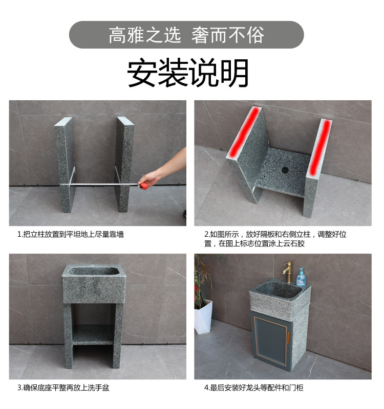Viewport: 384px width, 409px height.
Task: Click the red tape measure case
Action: (144, 186)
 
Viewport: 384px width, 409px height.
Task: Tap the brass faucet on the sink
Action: (288, 272)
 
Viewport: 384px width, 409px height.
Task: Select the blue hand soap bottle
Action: (301, 278)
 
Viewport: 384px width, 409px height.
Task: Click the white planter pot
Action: (203, 316)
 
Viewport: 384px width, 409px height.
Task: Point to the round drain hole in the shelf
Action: (285, 170)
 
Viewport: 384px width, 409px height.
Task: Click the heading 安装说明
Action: (188, 72)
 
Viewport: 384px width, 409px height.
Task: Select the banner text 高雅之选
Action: (145, 35)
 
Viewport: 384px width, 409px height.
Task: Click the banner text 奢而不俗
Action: (227, 35)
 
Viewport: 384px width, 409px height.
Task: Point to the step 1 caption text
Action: (71, 234)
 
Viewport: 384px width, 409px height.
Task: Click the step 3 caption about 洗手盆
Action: (63, 388)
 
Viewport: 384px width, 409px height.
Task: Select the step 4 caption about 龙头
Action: (253, 388)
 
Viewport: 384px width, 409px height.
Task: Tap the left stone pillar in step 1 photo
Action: (65, 165)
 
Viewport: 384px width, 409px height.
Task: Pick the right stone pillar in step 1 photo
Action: (124, 164)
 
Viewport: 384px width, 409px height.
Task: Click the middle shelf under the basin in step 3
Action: (93, 335)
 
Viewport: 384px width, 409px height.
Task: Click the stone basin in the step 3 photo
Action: (94, 284)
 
